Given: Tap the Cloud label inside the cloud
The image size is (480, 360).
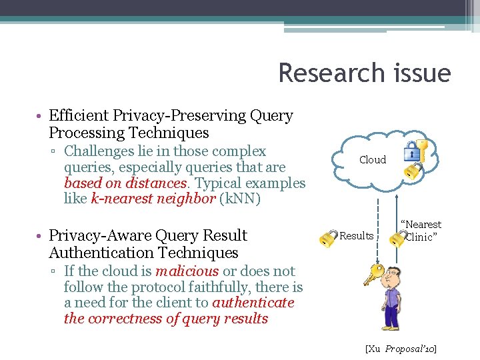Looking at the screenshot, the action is click(x=372, y=160).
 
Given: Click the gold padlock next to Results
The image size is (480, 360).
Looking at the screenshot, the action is click(x=327, y=238).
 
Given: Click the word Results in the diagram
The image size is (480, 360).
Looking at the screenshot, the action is click(x=357, y=236).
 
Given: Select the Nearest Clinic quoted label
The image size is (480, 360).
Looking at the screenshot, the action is click(x=421, y=231).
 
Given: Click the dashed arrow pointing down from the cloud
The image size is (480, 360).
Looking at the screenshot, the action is click(x=378, y=220).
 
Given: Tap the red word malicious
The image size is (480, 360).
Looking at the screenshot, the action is click(x=187, y=271).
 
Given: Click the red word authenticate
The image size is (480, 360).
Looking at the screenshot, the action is click(x=253, y=303).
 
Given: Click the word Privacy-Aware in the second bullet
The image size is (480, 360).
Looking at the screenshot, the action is click(x=100, y=236).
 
